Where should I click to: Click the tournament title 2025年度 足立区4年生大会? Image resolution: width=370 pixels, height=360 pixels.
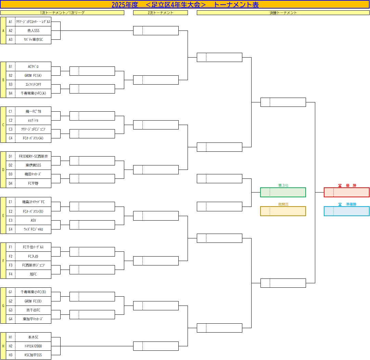point(185,4)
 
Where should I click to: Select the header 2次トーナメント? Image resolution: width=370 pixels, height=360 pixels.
point(160,13)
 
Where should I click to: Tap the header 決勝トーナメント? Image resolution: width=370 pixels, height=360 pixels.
point(283,13)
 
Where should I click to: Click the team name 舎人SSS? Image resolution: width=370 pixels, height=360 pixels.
point(33,30)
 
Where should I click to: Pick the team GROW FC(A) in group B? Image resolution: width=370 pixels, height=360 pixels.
point(33,75)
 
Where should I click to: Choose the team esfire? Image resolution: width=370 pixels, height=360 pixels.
point(33,120)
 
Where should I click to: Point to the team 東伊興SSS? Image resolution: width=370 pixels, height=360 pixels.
point(33,165)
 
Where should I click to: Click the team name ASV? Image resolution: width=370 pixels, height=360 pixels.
point(33,220)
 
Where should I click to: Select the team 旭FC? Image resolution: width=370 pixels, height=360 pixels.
point(33,274)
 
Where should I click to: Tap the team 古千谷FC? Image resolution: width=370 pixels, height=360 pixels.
point(33,310)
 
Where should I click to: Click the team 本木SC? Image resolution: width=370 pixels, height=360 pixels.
point(33,337)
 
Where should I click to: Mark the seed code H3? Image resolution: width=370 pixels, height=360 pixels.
point(11,355)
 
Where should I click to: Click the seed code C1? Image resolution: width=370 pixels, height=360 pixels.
point(11,111)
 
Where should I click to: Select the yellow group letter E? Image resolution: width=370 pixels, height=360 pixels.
point(3,215)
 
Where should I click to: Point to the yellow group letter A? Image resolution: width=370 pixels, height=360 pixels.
point(3,30)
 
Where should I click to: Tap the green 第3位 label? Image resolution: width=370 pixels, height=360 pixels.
point(283,185)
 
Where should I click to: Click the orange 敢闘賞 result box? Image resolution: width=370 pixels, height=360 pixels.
point(283,211)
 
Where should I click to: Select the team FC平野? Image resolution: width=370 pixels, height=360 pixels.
point(33,183)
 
